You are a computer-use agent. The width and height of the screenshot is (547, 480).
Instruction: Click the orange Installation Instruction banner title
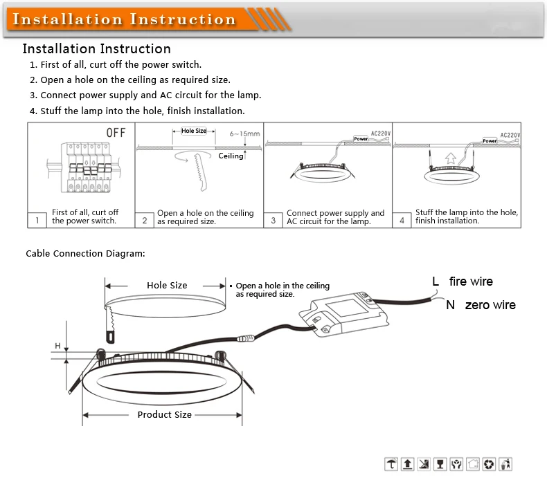[125, 19]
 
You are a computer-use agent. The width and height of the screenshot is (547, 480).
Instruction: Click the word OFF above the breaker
[116, 132]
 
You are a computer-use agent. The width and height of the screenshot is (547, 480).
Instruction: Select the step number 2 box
[145, 220]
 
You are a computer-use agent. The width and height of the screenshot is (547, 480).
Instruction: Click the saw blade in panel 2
[200, 176]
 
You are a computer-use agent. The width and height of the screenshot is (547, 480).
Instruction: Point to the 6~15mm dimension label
[244, 133]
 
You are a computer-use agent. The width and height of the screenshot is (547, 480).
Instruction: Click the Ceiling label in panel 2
[231, 156]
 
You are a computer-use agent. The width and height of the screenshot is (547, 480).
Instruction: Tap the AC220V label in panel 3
[382, 133]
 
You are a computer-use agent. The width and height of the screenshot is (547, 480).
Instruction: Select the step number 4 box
[402, 220]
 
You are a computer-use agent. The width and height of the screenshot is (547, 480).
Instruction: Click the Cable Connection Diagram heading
[85, 254]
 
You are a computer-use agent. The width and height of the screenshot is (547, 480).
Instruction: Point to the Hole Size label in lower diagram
[167, 285]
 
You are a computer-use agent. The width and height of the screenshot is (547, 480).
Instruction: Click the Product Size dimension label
[164, 414]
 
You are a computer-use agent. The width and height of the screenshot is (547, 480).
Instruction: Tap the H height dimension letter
[58, 345]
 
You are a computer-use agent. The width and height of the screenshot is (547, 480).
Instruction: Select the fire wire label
[471, 281]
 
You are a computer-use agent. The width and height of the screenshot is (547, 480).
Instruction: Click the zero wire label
[490, 305]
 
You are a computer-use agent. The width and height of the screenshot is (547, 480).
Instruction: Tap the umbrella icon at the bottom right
[392, 464]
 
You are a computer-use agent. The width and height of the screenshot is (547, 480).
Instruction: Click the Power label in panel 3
[361, 139]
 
